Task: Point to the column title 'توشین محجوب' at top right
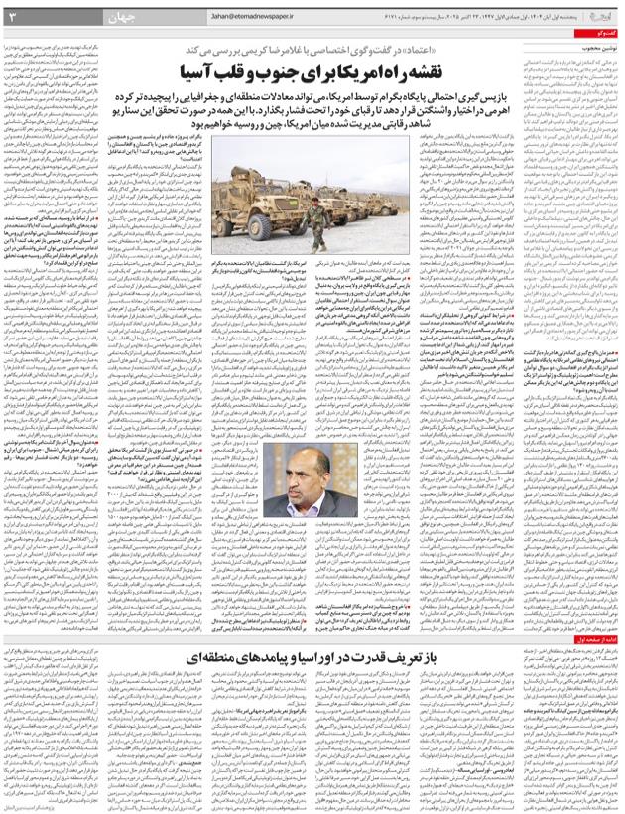tap(597, 45)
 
